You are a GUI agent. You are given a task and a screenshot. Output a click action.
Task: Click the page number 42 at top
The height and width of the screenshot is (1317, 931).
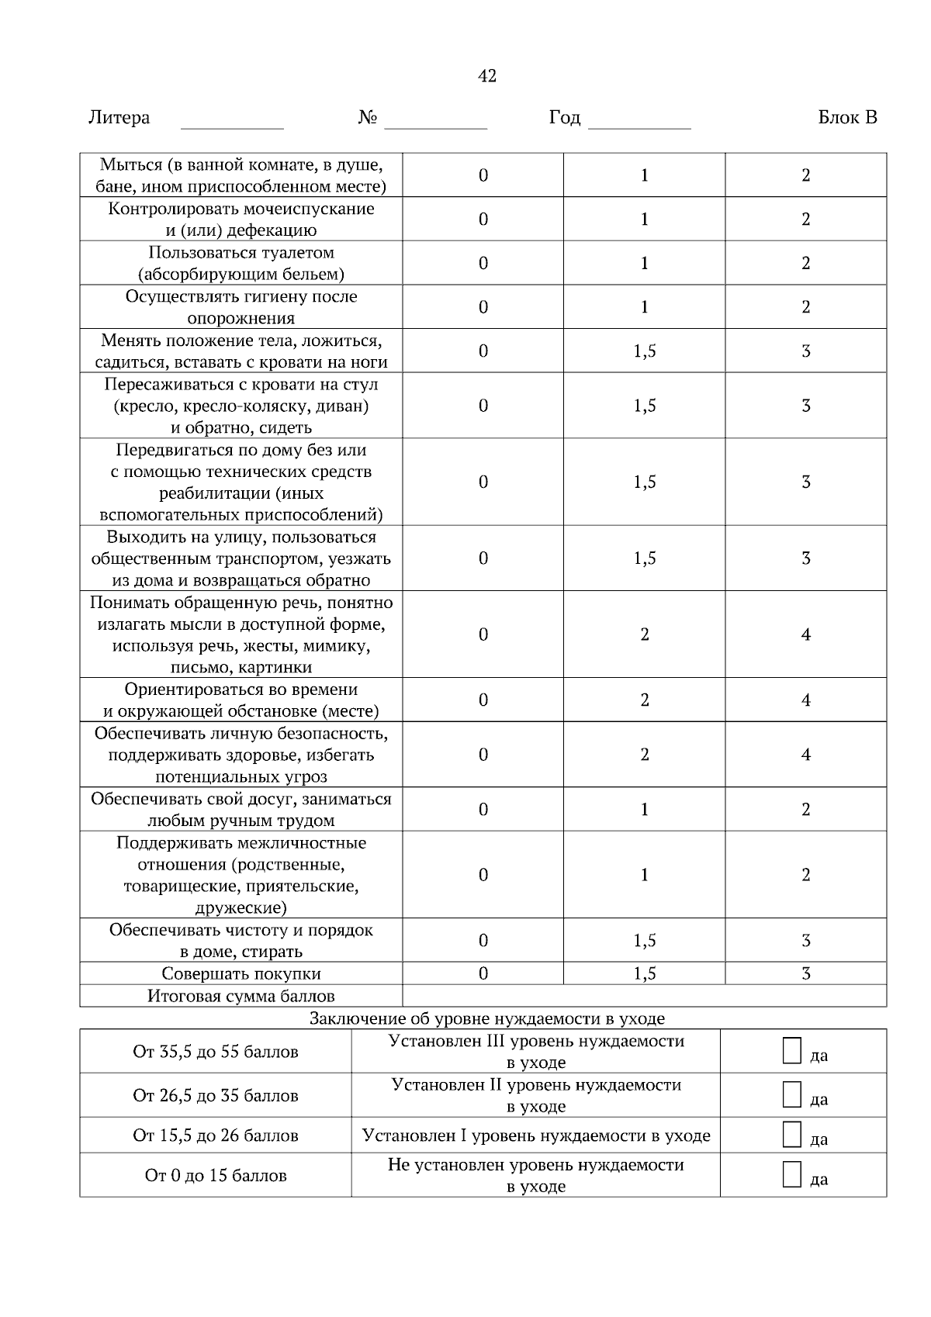point(487,76)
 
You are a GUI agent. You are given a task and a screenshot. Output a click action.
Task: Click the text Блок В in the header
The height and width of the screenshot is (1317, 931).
point(847,118)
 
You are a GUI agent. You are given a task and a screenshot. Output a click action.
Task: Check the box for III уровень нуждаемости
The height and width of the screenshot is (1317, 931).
point(791,1051)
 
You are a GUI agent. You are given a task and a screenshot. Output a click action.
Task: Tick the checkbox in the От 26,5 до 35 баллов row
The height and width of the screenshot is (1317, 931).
point(791,1094)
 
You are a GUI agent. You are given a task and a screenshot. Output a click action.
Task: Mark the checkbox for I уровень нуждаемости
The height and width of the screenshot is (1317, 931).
point(791,1135)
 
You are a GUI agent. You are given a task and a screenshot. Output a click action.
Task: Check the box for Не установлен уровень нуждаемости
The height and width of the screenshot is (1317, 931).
point(791,1174)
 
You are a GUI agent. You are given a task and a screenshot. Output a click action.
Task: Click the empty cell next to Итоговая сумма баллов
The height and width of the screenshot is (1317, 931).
point(644,996)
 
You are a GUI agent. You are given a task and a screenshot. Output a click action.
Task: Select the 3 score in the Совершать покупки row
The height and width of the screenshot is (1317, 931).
point(806,973)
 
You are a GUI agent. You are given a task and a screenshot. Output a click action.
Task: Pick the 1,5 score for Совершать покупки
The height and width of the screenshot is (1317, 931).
point(645,973)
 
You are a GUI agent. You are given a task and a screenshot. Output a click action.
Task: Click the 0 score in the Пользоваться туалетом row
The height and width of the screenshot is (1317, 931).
point(483,263)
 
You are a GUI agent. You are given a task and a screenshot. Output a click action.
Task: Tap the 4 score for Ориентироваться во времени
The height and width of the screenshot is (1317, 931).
point(806,700)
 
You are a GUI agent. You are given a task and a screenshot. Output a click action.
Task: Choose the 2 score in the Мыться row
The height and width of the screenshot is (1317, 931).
point(806,175)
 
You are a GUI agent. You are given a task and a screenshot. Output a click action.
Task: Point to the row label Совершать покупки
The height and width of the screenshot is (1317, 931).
point(241,973)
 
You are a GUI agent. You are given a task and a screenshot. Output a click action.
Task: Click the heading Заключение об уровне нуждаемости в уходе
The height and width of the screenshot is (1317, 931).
point(487,1018)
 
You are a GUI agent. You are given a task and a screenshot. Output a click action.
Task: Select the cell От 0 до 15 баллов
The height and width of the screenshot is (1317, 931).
point(216,1176)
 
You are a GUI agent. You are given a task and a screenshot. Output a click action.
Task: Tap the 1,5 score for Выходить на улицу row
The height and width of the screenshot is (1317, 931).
point(645,558)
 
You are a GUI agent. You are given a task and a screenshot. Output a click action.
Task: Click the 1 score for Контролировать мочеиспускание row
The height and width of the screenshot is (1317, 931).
point(645,219)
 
